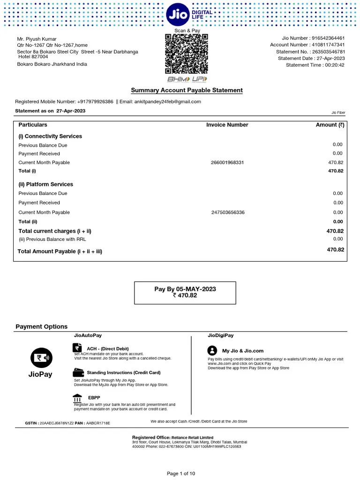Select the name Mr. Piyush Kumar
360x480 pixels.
coord(37,38)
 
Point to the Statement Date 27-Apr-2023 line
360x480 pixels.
coord(311,58)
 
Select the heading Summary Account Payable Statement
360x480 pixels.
coord(187,90)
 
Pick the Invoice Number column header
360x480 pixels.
coord(227,125)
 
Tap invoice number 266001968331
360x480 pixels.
coord(227,163)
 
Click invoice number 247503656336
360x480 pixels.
coord(227,212)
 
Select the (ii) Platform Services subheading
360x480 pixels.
coord(45,184)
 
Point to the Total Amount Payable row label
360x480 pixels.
coord(60,251)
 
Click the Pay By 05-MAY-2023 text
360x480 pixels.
coord(185,289)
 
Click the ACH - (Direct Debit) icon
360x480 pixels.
coord(77,348)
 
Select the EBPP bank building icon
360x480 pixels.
coord(77,398)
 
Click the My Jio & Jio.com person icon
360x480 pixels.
coord(212,351)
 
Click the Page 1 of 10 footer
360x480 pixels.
coord(181,473)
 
